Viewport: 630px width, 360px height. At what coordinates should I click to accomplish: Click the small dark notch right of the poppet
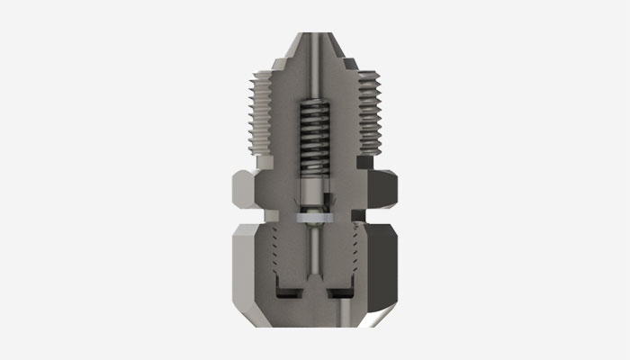tap(328, 196)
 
